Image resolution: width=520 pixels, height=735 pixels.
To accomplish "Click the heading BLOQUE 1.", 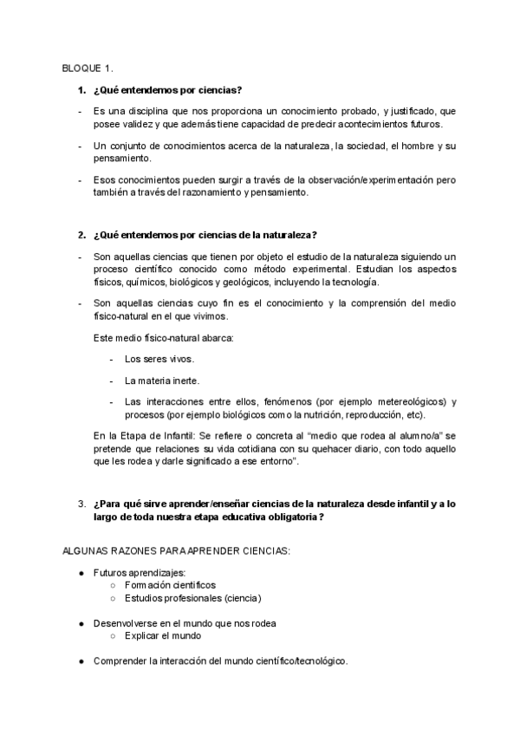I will point(87,68).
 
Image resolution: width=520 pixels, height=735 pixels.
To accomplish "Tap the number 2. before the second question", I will point(81,235).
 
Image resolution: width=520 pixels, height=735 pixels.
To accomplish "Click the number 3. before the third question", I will point(81,504).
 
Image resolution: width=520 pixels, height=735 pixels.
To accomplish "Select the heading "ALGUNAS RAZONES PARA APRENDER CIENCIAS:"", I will point(176,550).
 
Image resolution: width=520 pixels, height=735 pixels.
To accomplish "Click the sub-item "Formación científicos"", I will point(170,586).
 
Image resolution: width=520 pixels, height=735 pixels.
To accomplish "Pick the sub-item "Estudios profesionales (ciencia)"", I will point(192,598).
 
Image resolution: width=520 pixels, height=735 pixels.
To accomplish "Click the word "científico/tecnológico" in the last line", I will point(296,660).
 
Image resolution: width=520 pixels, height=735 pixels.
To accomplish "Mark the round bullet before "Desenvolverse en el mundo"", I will point(81,623).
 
